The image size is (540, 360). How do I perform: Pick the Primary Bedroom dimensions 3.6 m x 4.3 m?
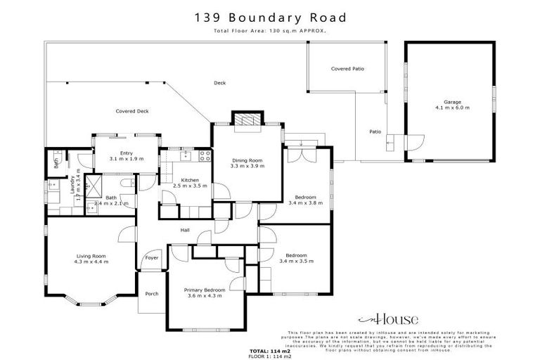pos(204,296)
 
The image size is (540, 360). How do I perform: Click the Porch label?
pos(150,294)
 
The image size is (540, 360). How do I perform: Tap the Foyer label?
pos(152,258)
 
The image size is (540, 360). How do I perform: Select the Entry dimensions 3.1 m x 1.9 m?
pos(127,159)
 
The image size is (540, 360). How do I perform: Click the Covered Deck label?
pos(132,111)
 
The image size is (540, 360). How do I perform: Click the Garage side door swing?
pos(413,143)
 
